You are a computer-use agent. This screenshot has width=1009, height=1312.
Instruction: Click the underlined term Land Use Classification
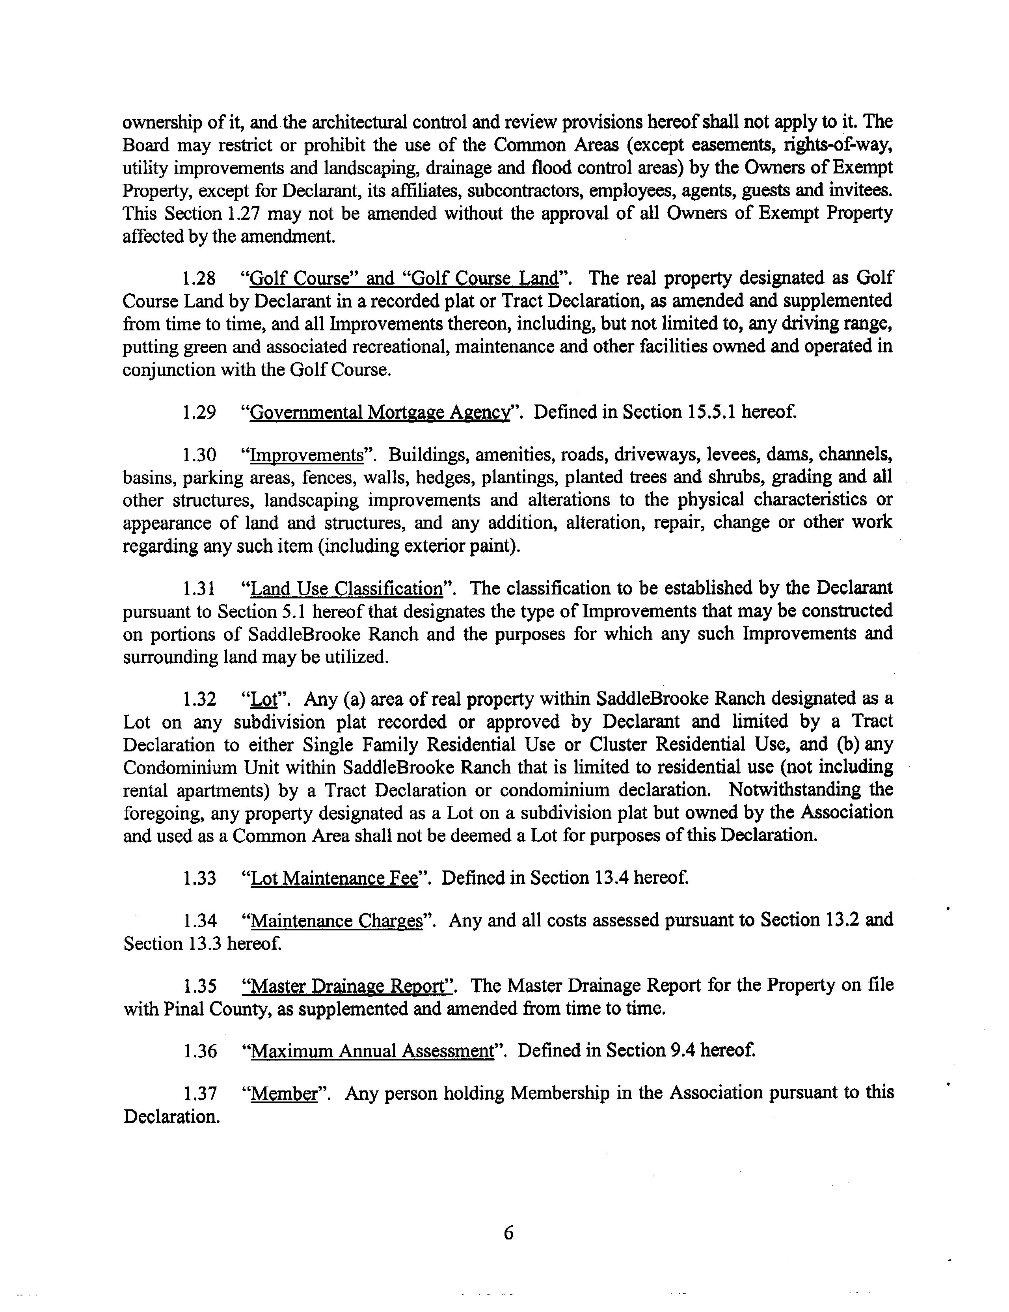click(346, 588)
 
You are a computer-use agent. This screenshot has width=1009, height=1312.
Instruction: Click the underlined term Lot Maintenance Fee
click(333, 879)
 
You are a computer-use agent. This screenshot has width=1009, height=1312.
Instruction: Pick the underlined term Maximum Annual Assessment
click(371, 1051)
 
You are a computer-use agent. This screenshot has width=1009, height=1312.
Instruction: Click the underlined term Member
click(283, 1093)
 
